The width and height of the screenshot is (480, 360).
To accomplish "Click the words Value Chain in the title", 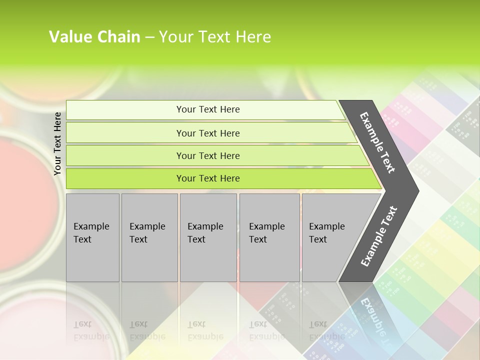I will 94,37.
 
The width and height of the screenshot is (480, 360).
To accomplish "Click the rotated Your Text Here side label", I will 57,143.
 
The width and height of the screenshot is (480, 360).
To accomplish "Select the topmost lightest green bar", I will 125,110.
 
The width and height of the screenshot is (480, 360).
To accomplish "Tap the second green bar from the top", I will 125,133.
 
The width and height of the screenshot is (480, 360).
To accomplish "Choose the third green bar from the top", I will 125,155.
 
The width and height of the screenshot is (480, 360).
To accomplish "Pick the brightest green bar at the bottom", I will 125,178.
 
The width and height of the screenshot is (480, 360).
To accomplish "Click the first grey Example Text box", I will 92,237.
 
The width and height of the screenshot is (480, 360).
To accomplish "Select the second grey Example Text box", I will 149,237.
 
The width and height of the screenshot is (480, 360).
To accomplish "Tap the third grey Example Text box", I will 208,237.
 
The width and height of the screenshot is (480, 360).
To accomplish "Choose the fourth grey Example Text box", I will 269,237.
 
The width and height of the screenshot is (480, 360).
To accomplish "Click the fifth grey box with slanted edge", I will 330,237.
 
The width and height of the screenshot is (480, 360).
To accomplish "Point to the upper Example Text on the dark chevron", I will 377,142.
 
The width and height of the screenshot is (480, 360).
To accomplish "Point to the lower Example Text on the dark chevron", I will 379,236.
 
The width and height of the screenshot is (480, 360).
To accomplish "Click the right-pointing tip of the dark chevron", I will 415,190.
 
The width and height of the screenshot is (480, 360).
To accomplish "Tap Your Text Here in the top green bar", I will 208,109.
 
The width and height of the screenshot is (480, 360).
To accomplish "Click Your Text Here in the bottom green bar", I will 208,178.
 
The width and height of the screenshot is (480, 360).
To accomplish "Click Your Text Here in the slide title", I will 215,37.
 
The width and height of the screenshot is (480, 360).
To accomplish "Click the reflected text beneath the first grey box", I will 91,330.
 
